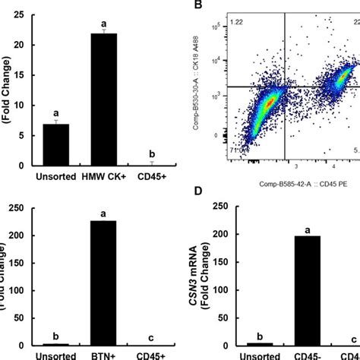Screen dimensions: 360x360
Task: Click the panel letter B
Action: [x=198, y=6]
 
